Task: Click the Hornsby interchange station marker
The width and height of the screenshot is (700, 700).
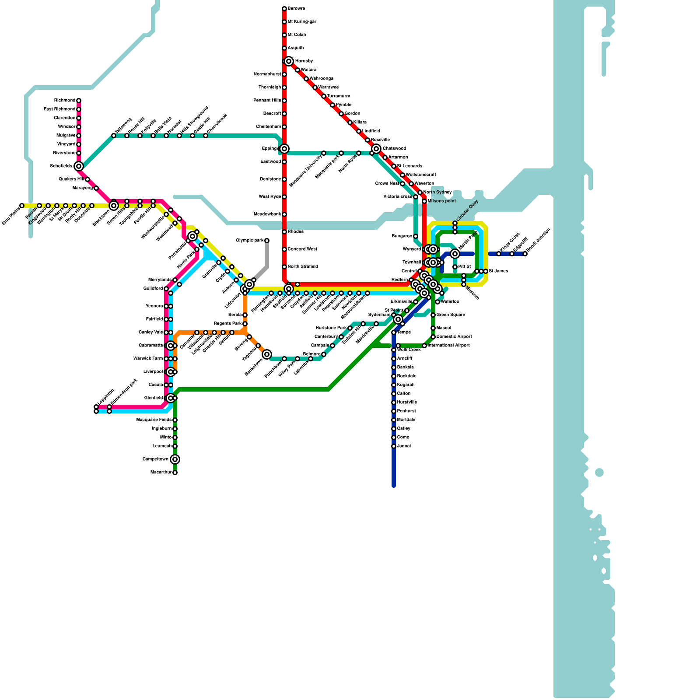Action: [289, 61]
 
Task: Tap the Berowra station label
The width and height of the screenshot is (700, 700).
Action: [296, 9]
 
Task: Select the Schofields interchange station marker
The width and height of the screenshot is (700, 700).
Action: [79, 166]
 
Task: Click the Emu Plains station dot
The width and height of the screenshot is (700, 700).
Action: [22, 206]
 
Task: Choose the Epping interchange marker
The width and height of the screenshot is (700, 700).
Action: [284, 149]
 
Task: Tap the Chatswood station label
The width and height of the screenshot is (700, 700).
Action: [394, 149]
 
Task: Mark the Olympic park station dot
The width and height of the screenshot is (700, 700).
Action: [267, 241]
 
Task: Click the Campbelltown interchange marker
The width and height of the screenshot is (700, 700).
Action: [175, 459]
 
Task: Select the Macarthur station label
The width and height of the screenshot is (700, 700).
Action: [161, 472]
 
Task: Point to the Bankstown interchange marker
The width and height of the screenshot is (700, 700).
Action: [267, 354]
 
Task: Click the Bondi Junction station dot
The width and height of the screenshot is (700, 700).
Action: [525, 254]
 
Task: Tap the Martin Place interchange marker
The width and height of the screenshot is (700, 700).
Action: [455, 254]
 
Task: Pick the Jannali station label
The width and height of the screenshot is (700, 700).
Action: [404, 446]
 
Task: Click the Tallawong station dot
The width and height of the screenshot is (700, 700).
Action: [114, 136]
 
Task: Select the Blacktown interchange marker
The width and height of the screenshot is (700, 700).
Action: [114, 206]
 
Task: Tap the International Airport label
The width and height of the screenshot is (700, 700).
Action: [449, 346]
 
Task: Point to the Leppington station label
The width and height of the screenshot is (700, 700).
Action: [106, 397]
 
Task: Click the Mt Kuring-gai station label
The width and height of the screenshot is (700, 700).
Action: [301, 22]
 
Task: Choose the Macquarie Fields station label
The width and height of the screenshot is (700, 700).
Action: [154, 420]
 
